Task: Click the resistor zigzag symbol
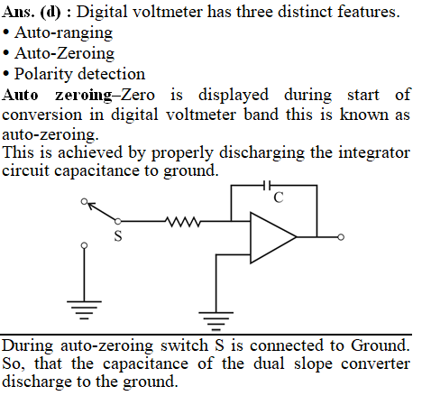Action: point(183,222)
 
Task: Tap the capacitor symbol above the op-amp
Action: point(267,186)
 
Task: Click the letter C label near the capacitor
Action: point(279,198)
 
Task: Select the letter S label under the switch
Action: point(118,235)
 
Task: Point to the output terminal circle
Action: point(341,237)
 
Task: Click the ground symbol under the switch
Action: point(84,309)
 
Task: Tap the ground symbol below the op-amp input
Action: point(215,321)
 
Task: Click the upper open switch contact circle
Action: point(85,201)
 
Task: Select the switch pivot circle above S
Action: point(118,222)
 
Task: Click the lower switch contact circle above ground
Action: point(85,245)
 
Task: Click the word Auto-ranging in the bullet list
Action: point(64,33)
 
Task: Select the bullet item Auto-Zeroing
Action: point(64,53)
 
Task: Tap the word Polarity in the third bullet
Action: point(41,74)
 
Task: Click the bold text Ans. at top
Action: point(18,12)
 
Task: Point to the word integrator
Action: point(374,152)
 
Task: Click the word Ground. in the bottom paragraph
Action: point(381,345)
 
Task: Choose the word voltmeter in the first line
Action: point(169,12)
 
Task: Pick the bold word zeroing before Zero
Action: point(84,95)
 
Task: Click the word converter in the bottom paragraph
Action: point(376,363)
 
